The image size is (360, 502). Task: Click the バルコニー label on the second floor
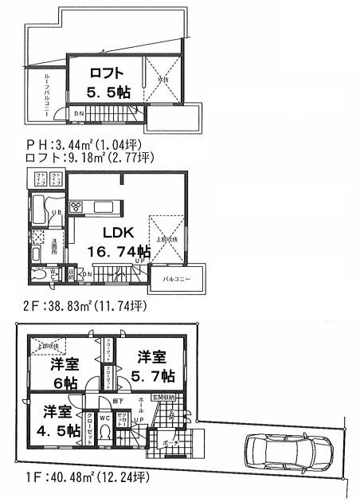point(174,280)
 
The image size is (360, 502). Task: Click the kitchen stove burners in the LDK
point(77,207)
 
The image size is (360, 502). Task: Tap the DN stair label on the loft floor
point(79,113)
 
